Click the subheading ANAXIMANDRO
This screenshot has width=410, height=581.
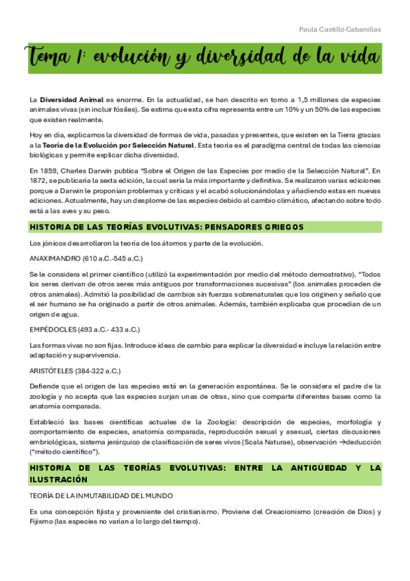[57, 260]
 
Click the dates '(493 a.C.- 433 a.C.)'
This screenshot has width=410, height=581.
[110, 329]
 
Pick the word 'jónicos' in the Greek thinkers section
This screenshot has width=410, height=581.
[54, 244]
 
